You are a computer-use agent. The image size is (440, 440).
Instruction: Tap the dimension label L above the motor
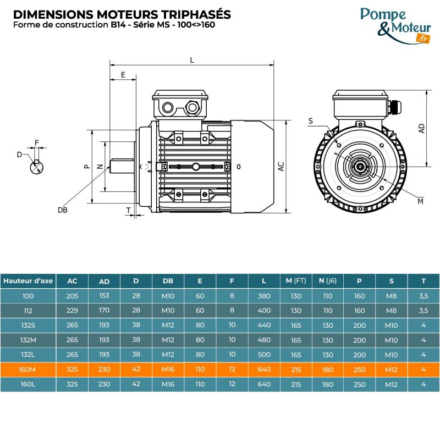[192, 60]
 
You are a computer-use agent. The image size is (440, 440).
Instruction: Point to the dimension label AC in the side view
[280, 167]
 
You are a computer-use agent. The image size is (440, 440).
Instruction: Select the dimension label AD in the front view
[421, 128]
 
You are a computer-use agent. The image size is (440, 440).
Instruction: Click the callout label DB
[62, 210]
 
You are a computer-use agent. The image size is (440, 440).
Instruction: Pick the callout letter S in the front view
[311, 120]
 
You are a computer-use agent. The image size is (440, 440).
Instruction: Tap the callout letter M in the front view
[420, 201]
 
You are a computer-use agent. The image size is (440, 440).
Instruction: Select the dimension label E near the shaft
[123, 74]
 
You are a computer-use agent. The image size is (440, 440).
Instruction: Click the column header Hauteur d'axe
[28, 280]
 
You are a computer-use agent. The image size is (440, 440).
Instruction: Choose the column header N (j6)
[328, 280]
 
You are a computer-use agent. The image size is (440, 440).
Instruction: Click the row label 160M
[28, 369]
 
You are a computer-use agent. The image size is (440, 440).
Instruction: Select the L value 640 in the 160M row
[264, 369]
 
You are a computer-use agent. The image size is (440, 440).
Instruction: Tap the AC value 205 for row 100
[72, 296]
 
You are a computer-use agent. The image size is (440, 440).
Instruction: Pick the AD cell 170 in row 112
[104, 310]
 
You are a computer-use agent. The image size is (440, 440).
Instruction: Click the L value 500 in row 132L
[264, 354]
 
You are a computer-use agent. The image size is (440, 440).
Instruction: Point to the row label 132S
[28, 325]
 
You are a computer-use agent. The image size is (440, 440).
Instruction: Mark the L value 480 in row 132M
[264, 340]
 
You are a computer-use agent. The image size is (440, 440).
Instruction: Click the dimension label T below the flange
[128, 210]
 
